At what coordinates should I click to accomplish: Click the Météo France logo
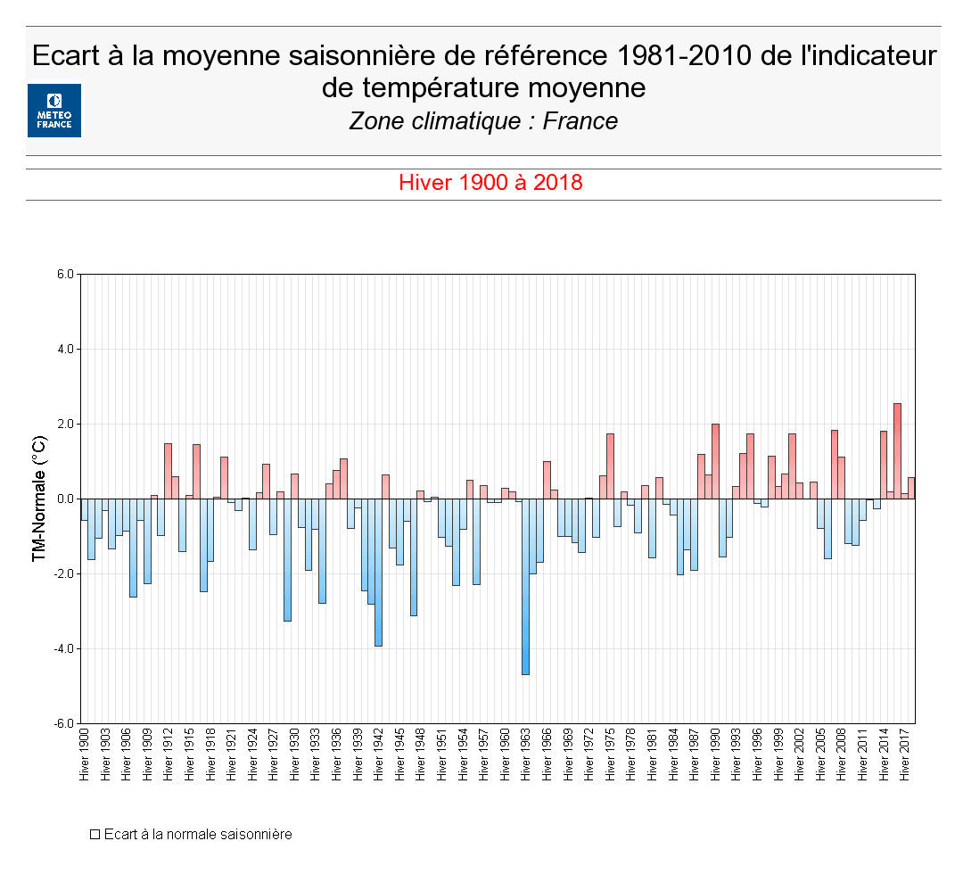(53, 111)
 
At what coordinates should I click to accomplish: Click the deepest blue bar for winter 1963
(525, 587)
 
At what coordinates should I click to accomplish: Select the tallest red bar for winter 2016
(897, 450)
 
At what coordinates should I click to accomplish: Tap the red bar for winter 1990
(715, 461)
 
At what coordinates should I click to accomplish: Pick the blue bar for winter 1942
(378, 572)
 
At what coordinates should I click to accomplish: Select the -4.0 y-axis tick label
(64, 648)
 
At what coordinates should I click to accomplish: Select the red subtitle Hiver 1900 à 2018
(490, 183)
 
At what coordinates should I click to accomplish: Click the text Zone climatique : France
(483, 121)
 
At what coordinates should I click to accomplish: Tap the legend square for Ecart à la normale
(94, 835)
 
